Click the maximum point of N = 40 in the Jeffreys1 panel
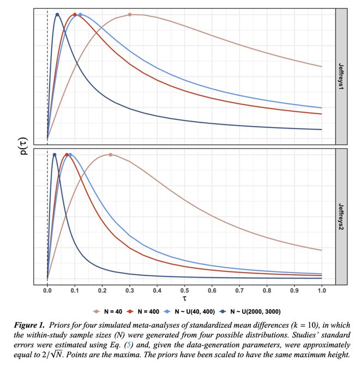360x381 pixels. point(130,15)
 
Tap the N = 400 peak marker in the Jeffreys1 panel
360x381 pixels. point(75,15)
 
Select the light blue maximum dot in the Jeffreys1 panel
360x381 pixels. point(80,15)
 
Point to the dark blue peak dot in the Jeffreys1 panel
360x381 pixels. point(57,15)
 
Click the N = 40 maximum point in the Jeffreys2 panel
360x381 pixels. point(110,155)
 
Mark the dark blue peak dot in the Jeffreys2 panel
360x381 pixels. point(54,155)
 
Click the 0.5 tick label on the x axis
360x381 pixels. point(184,291)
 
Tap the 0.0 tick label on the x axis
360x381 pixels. point(47,291)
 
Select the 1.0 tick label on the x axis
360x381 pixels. point(321,291)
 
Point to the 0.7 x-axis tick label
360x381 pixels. point(239,291)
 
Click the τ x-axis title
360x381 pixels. point(184,300)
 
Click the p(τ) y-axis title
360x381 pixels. point(23,147)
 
